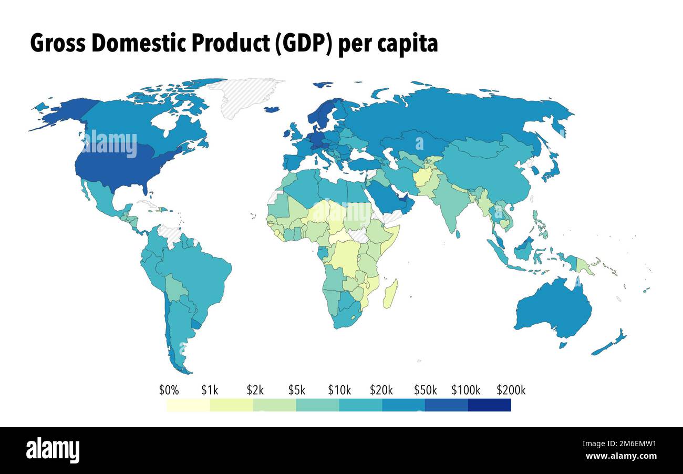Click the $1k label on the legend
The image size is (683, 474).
[210, 390]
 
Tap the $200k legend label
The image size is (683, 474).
[511, 390]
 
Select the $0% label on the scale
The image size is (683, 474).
[169, 390]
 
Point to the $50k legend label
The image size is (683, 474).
[425, 390]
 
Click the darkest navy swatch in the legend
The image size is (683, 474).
[489, 405]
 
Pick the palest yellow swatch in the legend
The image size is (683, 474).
[188, 405]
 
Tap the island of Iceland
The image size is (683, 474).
[272, 109]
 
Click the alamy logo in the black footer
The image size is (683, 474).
[53, 450]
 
